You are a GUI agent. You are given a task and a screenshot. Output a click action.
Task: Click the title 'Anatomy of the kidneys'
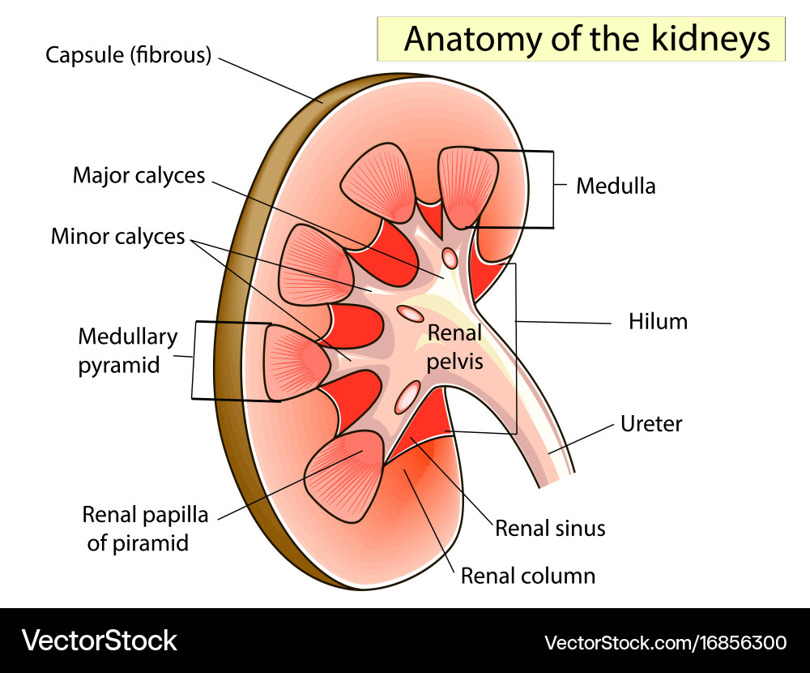(586, 39)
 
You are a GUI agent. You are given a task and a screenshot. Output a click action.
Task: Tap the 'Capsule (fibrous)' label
(128, 55)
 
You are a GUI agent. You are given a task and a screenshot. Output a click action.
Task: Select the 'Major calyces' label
(139, 175)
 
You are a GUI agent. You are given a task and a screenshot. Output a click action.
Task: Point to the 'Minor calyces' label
(117, 236)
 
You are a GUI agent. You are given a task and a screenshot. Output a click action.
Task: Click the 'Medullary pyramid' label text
(117, 350)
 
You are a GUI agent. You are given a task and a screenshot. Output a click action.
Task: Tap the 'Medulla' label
(616, 186)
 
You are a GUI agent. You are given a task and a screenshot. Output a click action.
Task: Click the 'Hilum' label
(658, 321)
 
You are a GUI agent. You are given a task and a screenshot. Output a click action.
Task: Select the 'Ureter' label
(651, 423)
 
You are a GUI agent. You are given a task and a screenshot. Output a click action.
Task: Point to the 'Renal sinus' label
(550, 529)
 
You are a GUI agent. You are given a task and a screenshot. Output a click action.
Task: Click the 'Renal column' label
(527, 576)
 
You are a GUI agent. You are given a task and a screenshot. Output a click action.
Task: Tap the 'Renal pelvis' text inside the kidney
(454, 346)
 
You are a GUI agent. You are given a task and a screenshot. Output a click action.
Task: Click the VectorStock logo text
(99, 641)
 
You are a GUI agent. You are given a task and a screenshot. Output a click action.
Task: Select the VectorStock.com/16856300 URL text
(665, 643)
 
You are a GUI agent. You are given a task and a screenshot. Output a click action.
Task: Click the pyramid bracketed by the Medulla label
(467, 185)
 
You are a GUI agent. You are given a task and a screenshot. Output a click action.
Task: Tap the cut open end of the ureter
(556, 480)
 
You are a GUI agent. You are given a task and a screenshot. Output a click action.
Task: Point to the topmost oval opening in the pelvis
(449, 259)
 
